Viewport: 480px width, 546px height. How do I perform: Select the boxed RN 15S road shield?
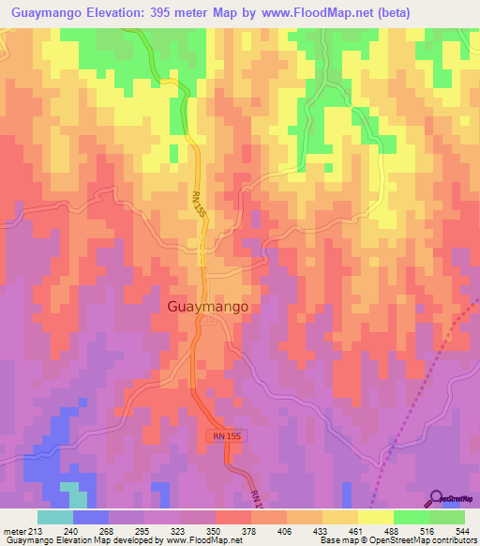tap(224, 436)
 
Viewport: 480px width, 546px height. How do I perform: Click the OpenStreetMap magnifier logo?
tap(438, 498)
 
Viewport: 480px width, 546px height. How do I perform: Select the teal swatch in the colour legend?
tap(55, 517)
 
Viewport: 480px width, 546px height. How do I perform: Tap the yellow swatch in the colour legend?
tap(376, 517)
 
